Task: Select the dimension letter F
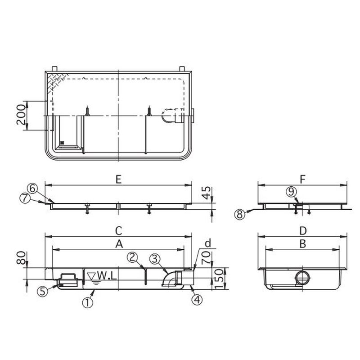[x=302, y=179]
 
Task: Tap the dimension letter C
[x=118, y=230]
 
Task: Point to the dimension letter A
[x=119, y=243]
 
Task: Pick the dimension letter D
[x=302, y=230]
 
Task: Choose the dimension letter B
[x=302, y=243]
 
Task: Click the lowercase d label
[x=207, y=243]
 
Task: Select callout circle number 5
[x=42, y=291]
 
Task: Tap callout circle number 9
[x=292, y=192]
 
